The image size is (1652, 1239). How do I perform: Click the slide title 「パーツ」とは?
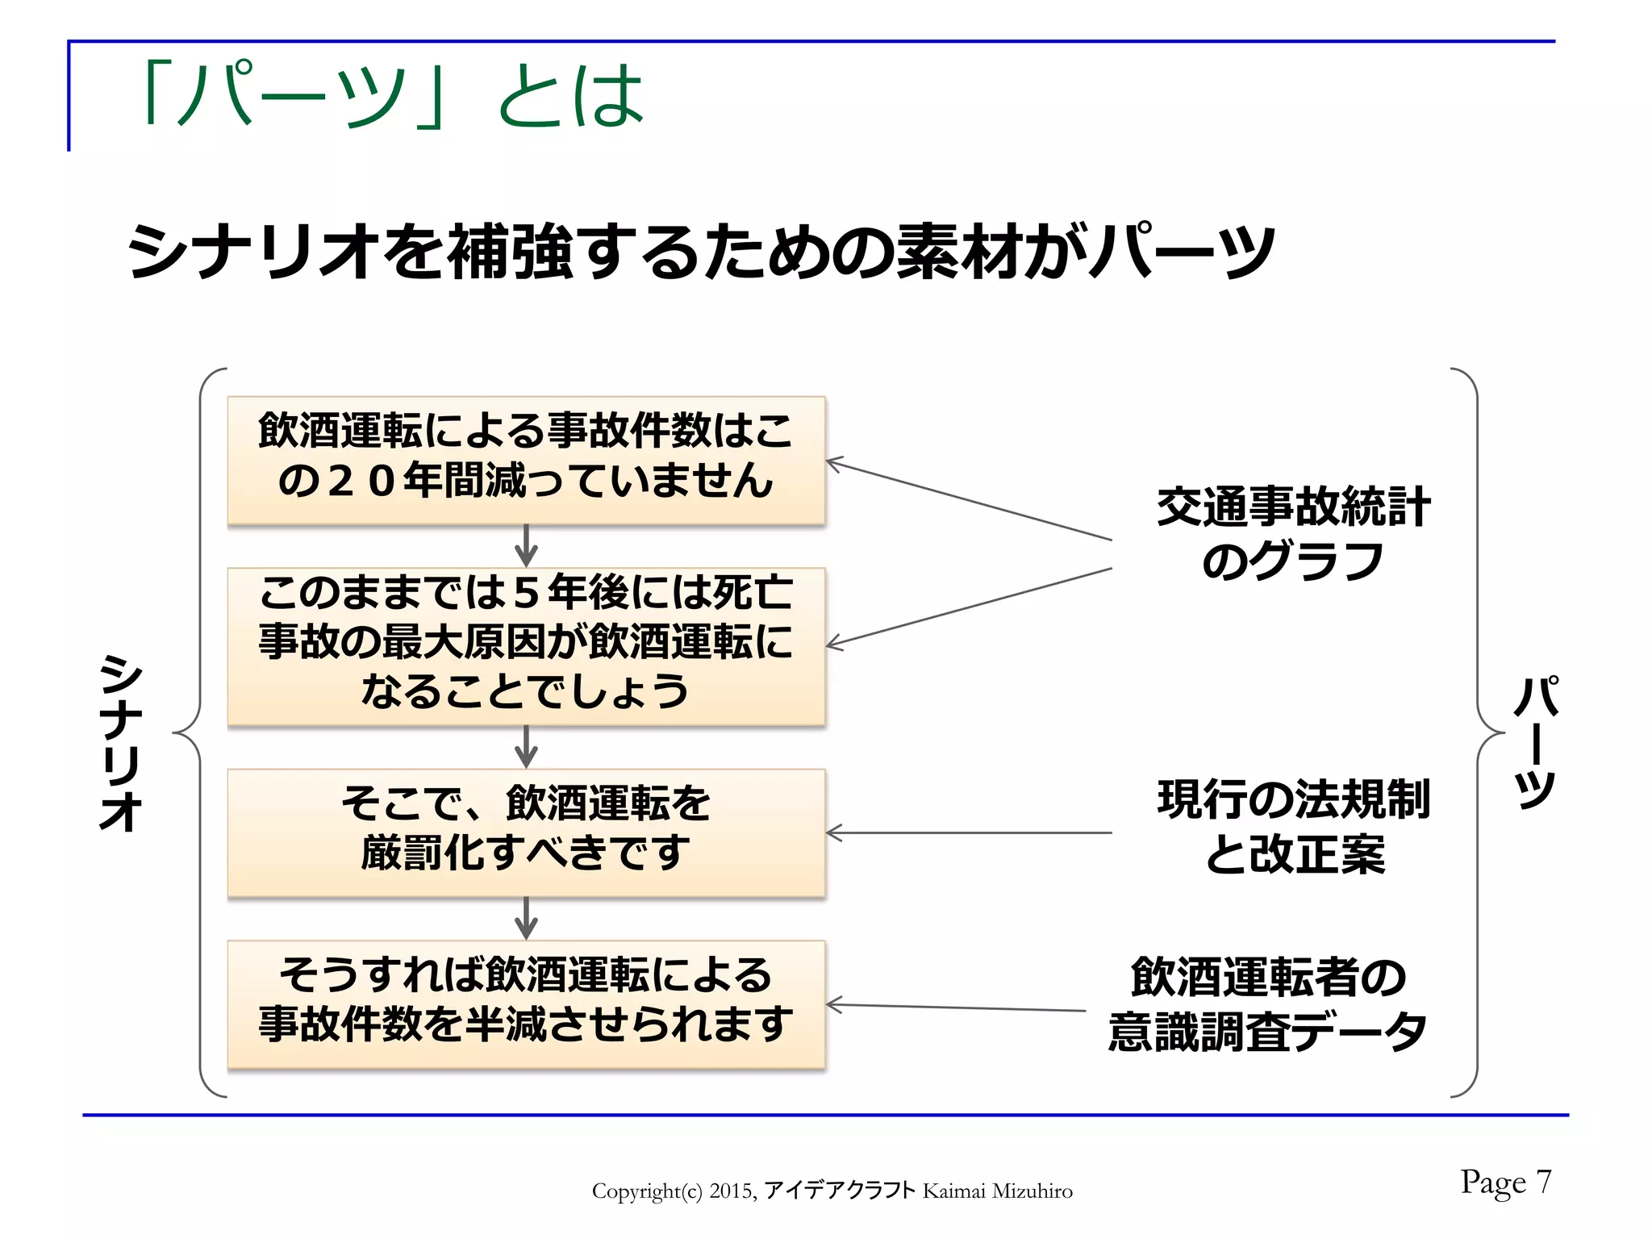coord(394,97)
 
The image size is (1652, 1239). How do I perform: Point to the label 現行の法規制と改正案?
coord(1292,826)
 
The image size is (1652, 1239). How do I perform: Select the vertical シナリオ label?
coord(121,742)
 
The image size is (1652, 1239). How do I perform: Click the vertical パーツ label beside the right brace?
coord(1536,742)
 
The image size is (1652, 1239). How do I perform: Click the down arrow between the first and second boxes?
coord(526,546)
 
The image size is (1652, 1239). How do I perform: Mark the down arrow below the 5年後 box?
coord(526,747)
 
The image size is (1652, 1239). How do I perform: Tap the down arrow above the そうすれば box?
coord(526,918)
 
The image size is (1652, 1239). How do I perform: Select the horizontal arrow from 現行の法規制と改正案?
coord(968,832)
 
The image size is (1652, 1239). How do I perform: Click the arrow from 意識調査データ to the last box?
coord(956,1007)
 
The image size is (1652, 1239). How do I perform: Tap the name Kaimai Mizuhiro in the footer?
coord(997,1191)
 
